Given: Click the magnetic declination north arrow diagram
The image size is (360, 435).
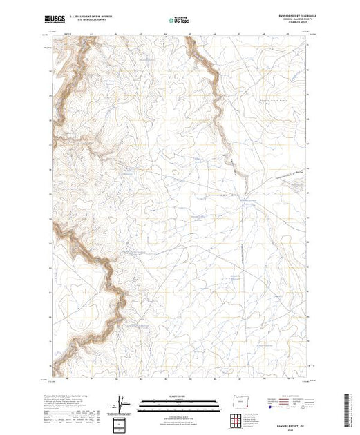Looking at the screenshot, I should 123,403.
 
